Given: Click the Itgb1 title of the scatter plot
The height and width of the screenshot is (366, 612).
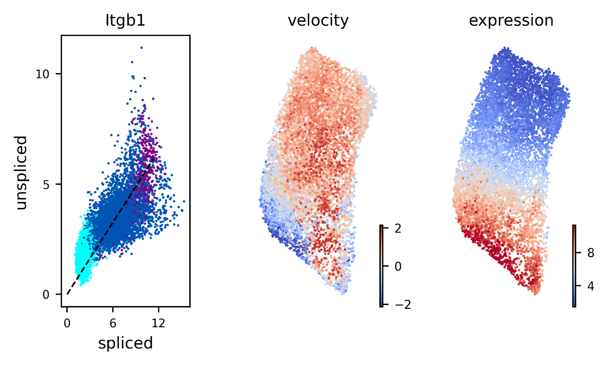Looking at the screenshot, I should tap(125, 21).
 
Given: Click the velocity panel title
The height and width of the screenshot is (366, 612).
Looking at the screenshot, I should tap(318, 21).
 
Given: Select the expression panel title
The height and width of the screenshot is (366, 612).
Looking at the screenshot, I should tap(512, 21).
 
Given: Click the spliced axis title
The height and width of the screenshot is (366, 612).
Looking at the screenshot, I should tap(125, 343).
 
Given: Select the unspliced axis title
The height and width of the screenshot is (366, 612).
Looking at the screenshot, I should tap(21, 172).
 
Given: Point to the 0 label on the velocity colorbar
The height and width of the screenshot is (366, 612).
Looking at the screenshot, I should tap(399, 266).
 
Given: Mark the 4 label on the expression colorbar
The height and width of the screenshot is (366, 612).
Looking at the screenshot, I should tap(591, 286).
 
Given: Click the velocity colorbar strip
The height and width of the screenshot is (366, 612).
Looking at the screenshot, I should tap(381, 266).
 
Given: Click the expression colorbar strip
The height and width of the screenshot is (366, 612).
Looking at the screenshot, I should tap(574, 266).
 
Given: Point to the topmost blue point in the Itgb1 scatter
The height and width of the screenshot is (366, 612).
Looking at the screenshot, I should tap(141, 47).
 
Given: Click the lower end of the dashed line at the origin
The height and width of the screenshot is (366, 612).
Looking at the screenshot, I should tap(68, 294).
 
